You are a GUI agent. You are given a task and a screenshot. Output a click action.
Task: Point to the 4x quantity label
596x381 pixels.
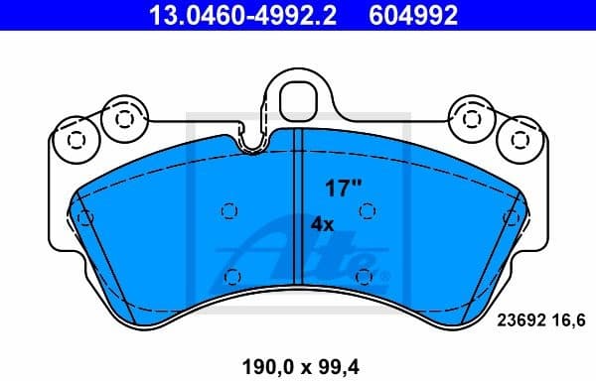tap(322, 224)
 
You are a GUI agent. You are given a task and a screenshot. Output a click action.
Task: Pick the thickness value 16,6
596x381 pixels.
tap(561, 320)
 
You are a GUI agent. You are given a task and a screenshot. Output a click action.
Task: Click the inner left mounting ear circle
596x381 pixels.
tap(123, 117)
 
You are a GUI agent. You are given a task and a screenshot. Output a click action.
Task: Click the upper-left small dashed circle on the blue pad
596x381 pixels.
tap(230, 209)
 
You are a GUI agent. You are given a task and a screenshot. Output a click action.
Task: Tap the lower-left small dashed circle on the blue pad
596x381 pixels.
tap(233, 276)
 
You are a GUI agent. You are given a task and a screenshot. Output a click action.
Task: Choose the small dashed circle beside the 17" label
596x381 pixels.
tap(366, 209)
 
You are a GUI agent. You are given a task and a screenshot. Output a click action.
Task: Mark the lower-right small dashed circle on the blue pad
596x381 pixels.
tap(364, 276)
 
